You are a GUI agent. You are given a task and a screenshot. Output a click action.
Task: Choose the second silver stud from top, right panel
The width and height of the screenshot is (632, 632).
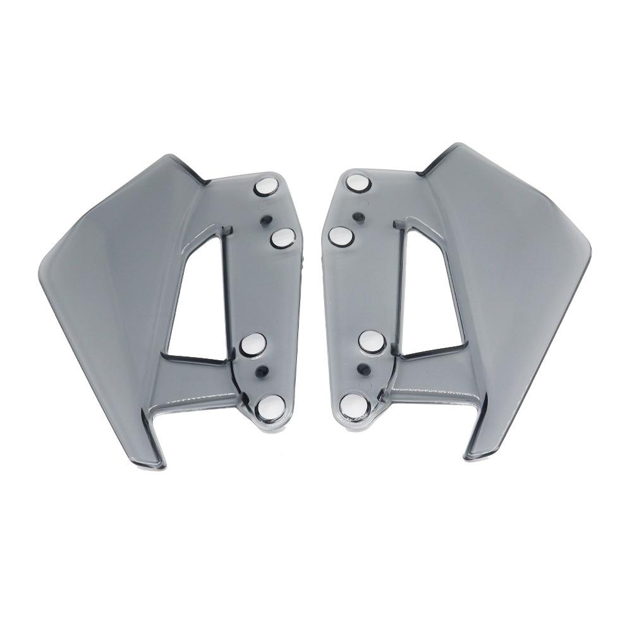341,236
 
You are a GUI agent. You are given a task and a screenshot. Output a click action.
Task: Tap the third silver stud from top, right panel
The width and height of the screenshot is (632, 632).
372,341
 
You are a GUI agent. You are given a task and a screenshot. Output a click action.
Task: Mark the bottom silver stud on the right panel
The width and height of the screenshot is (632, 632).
351,404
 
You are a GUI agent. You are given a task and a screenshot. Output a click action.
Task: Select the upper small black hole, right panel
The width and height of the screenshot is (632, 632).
358,217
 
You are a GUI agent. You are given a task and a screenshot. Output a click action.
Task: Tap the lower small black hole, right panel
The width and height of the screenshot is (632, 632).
362,368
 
